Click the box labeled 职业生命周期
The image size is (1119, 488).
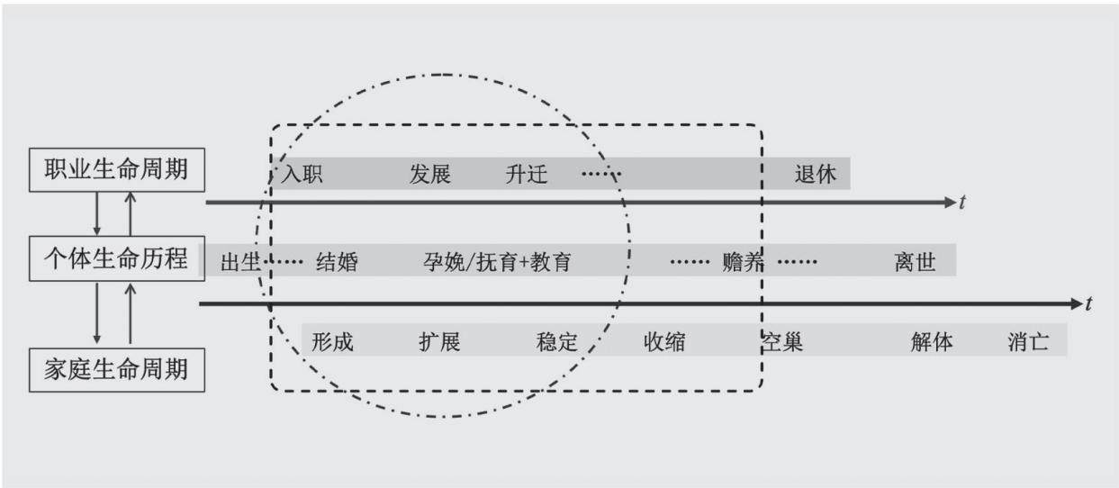coord(117,170)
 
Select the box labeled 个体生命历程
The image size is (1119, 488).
coord(117,258)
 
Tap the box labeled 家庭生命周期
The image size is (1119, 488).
coord(117,370)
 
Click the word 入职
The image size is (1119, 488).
coord(302,175)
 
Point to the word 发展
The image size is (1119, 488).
coord(430,175)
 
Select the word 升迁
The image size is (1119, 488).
coord(527,175)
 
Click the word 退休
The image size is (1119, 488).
coord(816,175)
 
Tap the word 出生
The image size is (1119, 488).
coord(240,262)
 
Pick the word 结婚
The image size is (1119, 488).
coord(338,262)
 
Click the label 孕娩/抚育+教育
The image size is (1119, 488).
coord(497,262)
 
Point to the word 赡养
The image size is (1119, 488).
coord(744,262)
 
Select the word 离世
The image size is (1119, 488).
coord(916,262)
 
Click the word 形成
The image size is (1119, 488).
coord(333,342)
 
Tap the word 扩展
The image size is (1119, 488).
coord(439,342)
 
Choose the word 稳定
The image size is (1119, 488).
coord(557,342)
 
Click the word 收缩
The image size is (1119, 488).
coord(664,342)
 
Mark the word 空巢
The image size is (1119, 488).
coord(781,342)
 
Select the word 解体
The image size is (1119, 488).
coord(932,342)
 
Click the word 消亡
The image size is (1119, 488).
coord(1029,342)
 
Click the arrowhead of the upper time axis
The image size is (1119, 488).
coord(950,203)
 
